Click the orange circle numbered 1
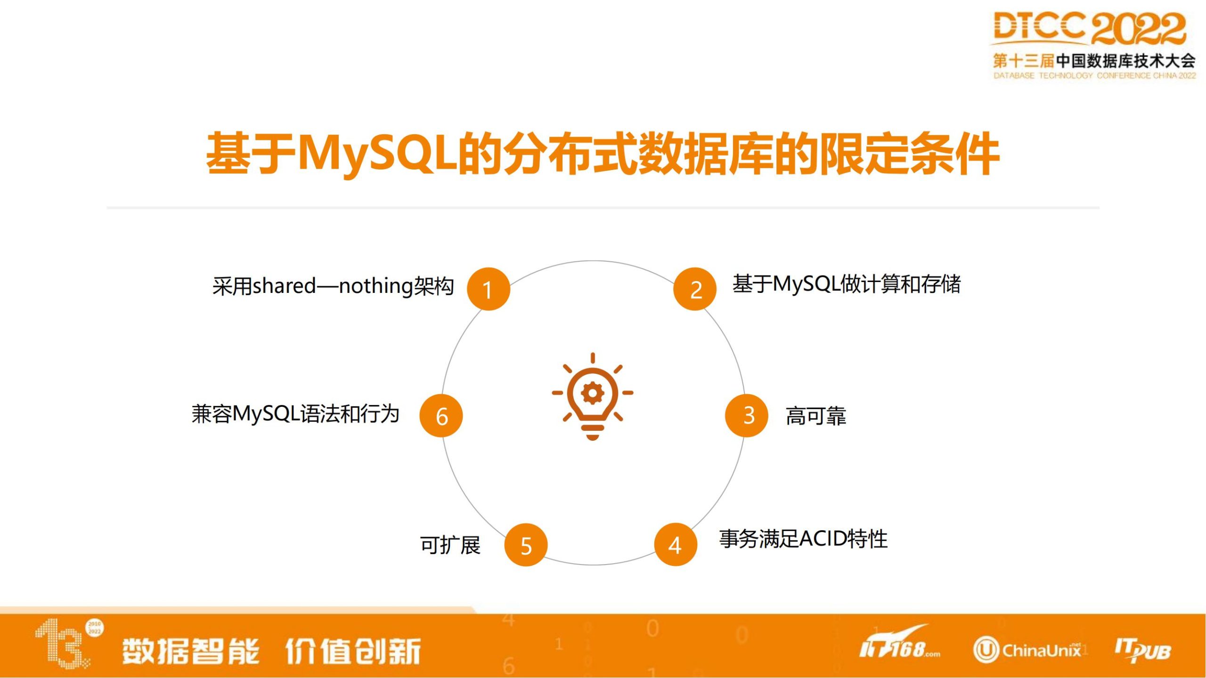point(489,289)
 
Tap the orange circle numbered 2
point(695,289)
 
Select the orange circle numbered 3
point(747,416)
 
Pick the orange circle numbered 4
point(676,544)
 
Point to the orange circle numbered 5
point(526,545)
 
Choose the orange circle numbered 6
point(441,416)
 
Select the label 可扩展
point(450,545)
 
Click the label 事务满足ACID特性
point(803,539)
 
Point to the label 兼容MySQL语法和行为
point(295,414)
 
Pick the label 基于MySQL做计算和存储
point(847,284)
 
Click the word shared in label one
point(284,286)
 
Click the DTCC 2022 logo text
point(1089,28)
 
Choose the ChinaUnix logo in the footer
point(1027,650)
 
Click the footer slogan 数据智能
point(190,651)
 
